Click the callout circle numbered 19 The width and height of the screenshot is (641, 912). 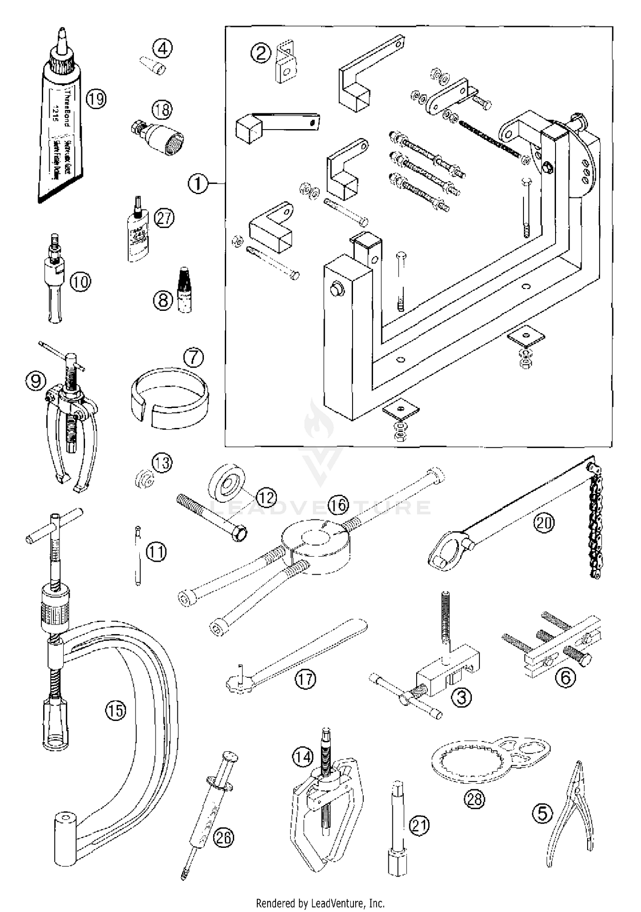[96, 99]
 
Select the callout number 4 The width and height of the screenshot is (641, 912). [163, 48]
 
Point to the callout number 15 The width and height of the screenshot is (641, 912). [115, 711]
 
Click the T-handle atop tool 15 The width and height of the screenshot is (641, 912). [54, 525]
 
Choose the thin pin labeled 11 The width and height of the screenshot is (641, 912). [138, 556]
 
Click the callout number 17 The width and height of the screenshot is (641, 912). [306, 679]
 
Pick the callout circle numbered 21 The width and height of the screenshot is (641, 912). [419, 825]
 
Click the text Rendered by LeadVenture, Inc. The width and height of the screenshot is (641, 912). [320, 903]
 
